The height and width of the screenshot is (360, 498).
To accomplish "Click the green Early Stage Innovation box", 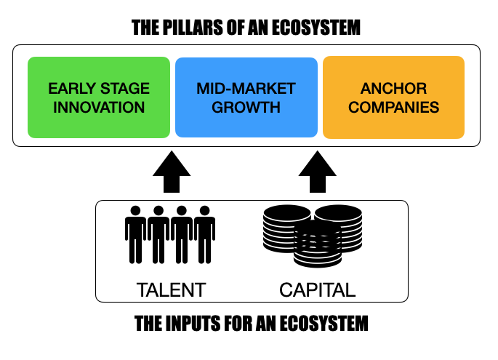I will [98, 97].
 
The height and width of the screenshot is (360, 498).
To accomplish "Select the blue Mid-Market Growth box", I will [246, 97].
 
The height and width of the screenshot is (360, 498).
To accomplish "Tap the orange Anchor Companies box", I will [393, 97].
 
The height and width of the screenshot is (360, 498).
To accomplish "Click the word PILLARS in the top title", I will [191, 28].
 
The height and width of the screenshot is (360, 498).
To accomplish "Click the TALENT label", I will [171, 290].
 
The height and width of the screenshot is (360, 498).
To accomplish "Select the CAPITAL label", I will [317, 290].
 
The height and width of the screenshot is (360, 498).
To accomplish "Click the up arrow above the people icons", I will [172, 173].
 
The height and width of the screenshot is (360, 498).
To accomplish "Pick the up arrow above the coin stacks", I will [318, 173].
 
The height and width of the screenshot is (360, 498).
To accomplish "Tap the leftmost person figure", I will [135, 234].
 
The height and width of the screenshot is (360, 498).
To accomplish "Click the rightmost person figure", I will [206, 234].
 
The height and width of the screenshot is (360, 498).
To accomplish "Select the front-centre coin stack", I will [316, 244].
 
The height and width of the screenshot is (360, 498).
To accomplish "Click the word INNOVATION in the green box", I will [98, 108].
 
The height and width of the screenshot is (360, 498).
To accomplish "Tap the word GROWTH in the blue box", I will [246, 108].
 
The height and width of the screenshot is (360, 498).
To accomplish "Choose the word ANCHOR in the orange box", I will [393, 89].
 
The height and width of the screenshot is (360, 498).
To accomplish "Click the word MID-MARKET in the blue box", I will [246, 89].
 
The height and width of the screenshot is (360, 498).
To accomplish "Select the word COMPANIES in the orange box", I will [393, 108].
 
